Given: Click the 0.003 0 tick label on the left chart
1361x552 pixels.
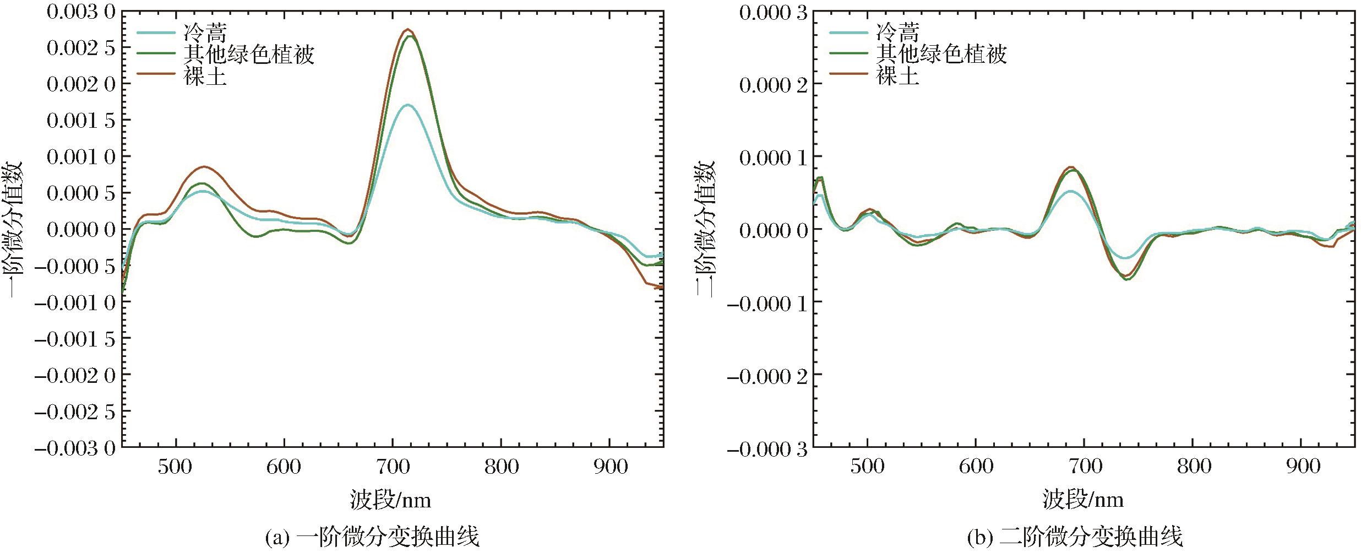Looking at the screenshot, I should pyautogui.click(x=81, y=12).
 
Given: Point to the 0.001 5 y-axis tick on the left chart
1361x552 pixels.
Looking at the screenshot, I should pyautogui.click(x=81, y=120).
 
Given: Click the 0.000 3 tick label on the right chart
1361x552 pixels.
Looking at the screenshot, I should pyautogui.click(x=773, y=13).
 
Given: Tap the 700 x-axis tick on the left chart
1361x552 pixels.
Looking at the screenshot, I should pyautogui.click(x=393, y=467).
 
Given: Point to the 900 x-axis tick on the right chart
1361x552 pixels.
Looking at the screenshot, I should pyautogui.click(x=1303, y=467).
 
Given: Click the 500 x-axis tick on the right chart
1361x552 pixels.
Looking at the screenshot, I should pyautogui.click(x=867, y=467).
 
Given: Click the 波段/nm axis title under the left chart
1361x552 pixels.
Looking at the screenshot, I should pyautogui.click(x=390, y=500).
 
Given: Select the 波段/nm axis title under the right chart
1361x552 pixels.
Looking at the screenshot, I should pyautogui.click(x=1082, y=500).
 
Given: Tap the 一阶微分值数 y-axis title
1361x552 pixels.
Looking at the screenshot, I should pyautogui.click(x=14, y=229).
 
